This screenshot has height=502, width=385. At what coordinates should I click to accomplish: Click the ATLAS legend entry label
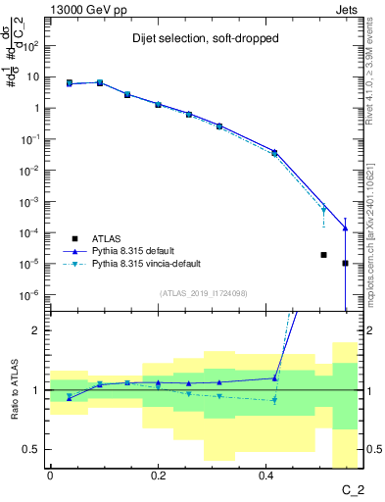(x=108, y=238)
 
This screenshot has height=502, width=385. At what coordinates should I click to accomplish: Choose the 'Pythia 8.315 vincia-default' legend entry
(x=154, y=264)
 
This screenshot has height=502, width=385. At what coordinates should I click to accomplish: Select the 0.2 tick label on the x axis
(x=158, y=475)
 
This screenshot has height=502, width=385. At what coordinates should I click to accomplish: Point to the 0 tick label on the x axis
(x=50, y=475)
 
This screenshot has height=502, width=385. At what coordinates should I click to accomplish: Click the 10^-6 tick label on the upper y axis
(x=30, y=294)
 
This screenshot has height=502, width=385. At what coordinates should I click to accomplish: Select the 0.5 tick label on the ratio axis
(x=32, y=449)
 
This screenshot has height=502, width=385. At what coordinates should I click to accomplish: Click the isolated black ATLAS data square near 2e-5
(x=323, y=255)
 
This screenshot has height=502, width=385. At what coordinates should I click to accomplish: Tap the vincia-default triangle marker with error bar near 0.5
(x=323, y=209)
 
